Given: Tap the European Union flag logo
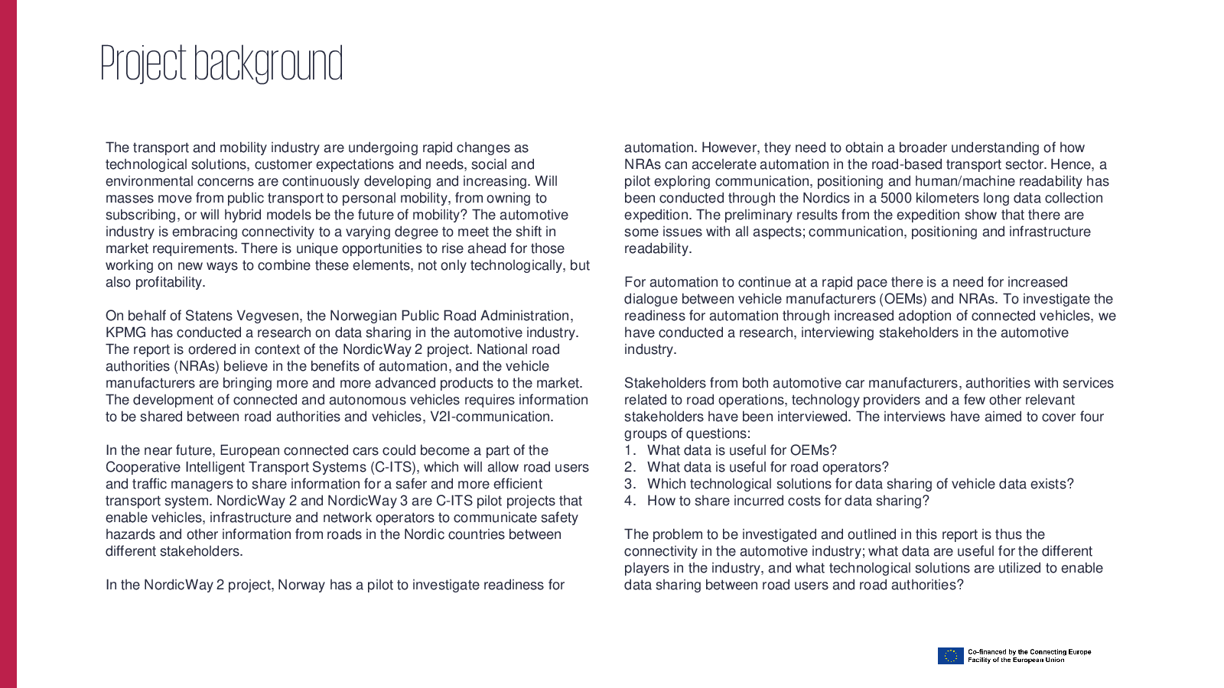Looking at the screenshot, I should click(950, 656).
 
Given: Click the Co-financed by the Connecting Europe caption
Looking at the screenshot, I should click(1029, 652).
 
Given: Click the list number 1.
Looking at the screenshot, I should click(629, 450).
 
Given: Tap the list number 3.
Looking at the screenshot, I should click(630, 484).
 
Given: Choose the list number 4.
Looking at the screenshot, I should click(630, 501).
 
